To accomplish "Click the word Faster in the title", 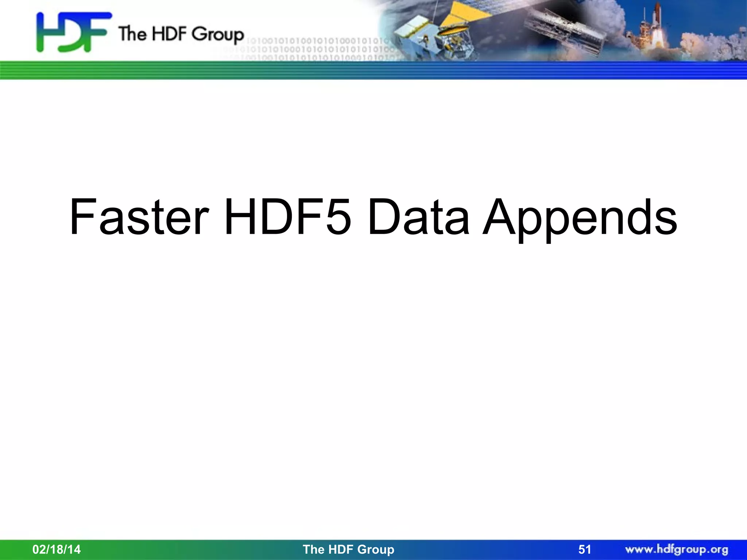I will [x=139, y=217].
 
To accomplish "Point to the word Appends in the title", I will [x=580, y=219].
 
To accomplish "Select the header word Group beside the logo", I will [x=218, y=35].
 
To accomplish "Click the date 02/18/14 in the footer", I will [x=57, y=549].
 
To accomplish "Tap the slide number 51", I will [x=585, y=549].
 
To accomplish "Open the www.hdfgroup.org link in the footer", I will [x=677, y=549].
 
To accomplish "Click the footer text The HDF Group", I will [x=348, y=549].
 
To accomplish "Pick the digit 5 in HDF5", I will [x=339, y=217].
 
